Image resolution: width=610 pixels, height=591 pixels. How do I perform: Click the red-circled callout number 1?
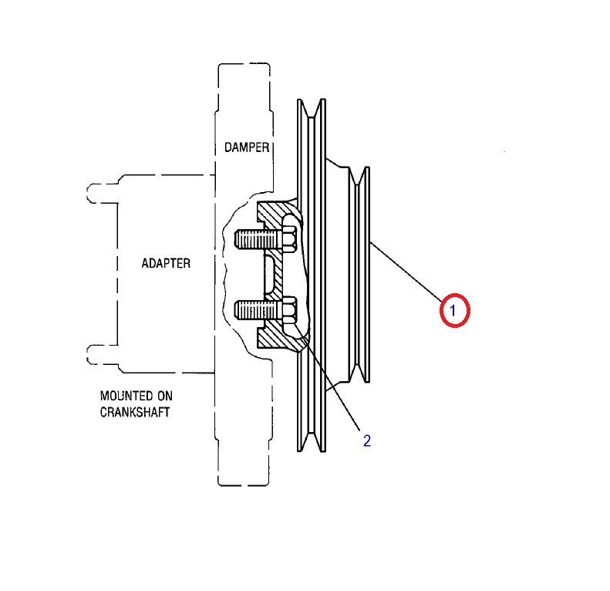[x=454, y=310]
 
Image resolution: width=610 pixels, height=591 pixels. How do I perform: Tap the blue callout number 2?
[x=367, y=441]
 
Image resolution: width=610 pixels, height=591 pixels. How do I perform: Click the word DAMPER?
[x=247, y=147]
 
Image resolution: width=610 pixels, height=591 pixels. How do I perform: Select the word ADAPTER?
[x=166, y=263]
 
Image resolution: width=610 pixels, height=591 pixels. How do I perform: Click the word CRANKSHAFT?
[x=135, y=412]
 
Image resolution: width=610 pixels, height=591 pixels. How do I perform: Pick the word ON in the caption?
[x=165, y=396]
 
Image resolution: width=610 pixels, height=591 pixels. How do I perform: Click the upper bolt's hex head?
[x=289, y=238]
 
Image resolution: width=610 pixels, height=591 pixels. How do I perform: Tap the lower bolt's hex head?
[x=289, y=310]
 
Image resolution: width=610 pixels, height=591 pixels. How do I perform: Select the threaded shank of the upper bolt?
[x=258, y=238]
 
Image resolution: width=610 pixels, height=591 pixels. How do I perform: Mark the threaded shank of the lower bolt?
[x=258, y=310]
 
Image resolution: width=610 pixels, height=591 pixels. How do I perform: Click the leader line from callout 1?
[x=406, y=272]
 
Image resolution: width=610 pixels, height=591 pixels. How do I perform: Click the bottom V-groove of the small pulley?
[x=359, y=373]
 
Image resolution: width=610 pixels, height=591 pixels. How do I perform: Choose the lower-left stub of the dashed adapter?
[x=103, y=354]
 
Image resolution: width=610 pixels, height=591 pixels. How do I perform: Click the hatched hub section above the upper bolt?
[x=275, y=214]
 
